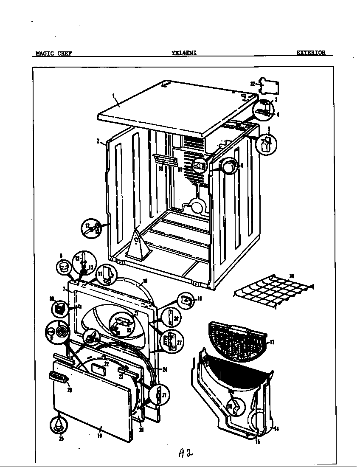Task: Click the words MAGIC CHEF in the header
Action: click(x=53, y=53)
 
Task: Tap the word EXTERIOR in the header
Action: click(x=311, y=53)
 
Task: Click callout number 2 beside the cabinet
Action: click(x=98, y=141)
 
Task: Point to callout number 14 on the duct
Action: click(x=276, y=429)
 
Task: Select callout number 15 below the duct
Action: click(x=258, y=442)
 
